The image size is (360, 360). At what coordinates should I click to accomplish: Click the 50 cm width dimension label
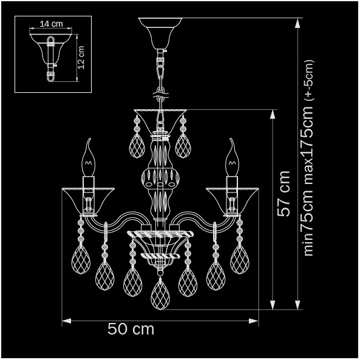tap(131, 329)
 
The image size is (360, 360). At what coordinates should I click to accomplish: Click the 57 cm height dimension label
tap(284, 194)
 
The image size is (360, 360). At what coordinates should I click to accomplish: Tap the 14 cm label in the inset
tap(51, 24)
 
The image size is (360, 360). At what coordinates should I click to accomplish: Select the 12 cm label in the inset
tap(81, 58)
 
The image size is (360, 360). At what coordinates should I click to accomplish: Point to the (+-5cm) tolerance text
tap(309, 80)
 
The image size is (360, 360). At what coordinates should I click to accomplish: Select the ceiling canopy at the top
tap(160, 33)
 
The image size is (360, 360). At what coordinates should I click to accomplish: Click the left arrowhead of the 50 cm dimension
tap(67, 321)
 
